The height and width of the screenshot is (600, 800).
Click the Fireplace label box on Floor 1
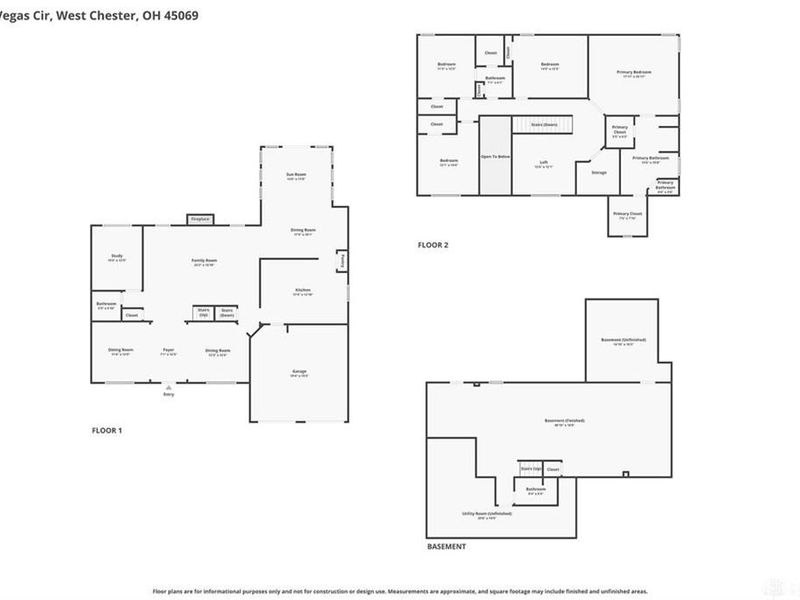pyautogui.click(x=198, y=219)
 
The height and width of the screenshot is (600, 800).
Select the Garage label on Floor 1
pyautogui.click(x=299, y=373)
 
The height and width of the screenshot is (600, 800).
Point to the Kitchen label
pyautogui.click(x=303, y=292)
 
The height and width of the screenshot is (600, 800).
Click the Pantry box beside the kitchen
pyautogui.click(x=341, y=261)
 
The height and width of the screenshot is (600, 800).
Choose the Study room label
pyautogui.click(x=116, y=258)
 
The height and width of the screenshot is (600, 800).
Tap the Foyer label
pyautogui.click(x=169, y=351)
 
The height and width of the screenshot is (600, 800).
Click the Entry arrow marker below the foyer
pyautogui.click(x=168, y=388)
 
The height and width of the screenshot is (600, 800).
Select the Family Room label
pyautogui.click(x=204, y=262)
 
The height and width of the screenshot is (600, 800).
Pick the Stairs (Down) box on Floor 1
pyautogui.click(x=227, y=313)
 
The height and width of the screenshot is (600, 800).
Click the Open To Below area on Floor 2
pyautogui.click(x=495, y=157)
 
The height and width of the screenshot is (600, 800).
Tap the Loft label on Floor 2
pyautogui.click(x=544, y=163)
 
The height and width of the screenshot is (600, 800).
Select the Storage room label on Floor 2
pyautogui.click(x=599, y=172)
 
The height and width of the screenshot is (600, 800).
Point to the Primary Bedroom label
pyautogui.click(x=634, y=73)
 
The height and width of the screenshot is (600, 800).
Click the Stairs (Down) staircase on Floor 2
pyautogui.click(x=544, y=124)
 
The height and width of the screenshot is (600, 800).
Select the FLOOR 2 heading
pyautogui.click(x=433, y=244)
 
